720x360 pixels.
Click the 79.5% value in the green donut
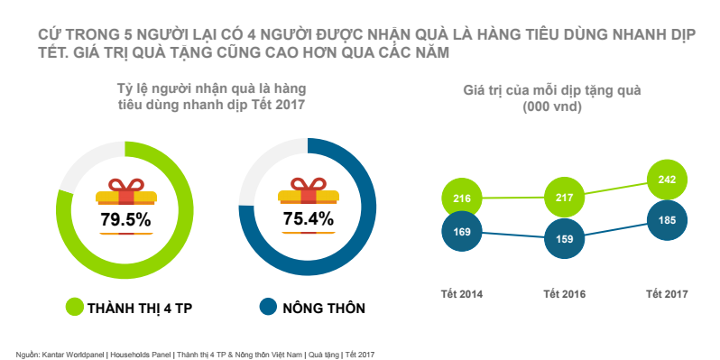(125, 218)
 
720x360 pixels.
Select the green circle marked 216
(463, 198)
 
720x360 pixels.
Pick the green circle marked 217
(567, 197)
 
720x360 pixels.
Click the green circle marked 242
(668, 180)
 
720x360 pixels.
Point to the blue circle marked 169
(463, 232)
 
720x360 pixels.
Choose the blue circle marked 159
(567, 240)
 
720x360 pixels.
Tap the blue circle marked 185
(668, 219)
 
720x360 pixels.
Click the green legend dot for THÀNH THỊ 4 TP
(73, 308)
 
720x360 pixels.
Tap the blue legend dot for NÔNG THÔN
(267, 308)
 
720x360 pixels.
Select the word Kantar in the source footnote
(53, 353)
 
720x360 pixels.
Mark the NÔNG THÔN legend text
(324, 309)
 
